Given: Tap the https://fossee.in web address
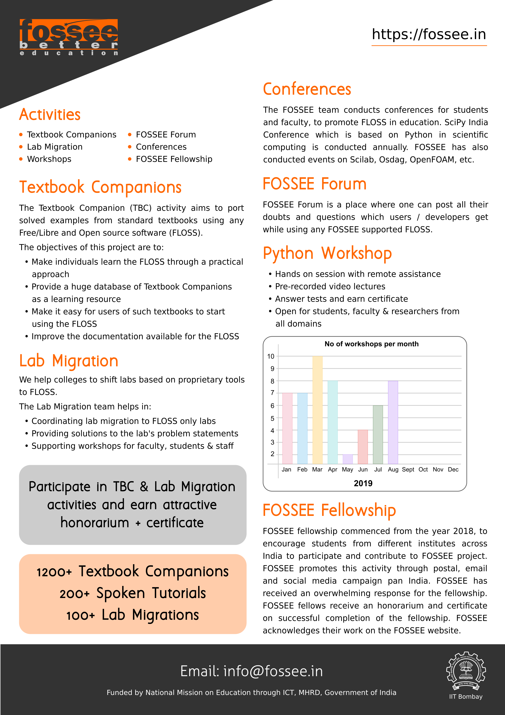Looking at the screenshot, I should point(429,34).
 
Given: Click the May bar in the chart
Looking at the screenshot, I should point(348,459).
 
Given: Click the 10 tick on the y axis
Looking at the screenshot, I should point(271,356).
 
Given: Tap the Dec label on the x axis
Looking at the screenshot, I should point(453,469).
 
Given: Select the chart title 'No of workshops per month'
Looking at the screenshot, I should point(371,344).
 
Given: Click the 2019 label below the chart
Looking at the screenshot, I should point(363,483).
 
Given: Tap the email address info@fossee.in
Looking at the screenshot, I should point(273,671).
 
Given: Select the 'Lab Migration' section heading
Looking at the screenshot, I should point(69,361).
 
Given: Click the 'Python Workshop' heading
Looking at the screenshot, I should point(327,253).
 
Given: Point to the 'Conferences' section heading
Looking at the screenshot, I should point(307,89).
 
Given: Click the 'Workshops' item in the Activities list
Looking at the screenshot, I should point(49,159).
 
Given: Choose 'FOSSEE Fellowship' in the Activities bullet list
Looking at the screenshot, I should point(174,159).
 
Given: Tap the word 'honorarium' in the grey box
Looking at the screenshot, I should point(95,523).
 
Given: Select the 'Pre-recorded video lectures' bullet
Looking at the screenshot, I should point(330,287).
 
